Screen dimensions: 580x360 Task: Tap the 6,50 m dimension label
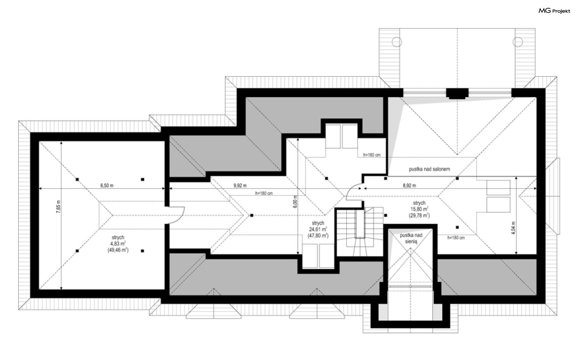click(x=107, y=186)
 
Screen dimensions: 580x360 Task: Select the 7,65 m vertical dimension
click(x=59, y=207)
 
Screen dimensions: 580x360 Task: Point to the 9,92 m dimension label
click(x=240, y=186)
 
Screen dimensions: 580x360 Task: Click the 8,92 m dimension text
click(x=409, y=186)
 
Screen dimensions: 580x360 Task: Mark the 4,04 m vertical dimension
click(x=514, y=228)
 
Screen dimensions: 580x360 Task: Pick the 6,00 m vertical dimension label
click(x=295, y=202)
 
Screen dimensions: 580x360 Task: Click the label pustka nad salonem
click(x=430, y=169)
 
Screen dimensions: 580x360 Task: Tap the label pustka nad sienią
click(x=411, y=238)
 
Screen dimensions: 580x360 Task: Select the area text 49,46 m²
click(x=118, y=250)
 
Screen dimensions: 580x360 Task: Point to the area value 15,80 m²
click(x=419, y=209)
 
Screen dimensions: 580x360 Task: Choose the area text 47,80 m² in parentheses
click(x=318, y=235)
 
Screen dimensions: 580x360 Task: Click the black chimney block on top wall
click(x=457, y=94)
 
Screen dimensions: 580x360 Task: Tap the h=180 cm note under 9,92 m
click(x=264, y=193)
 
